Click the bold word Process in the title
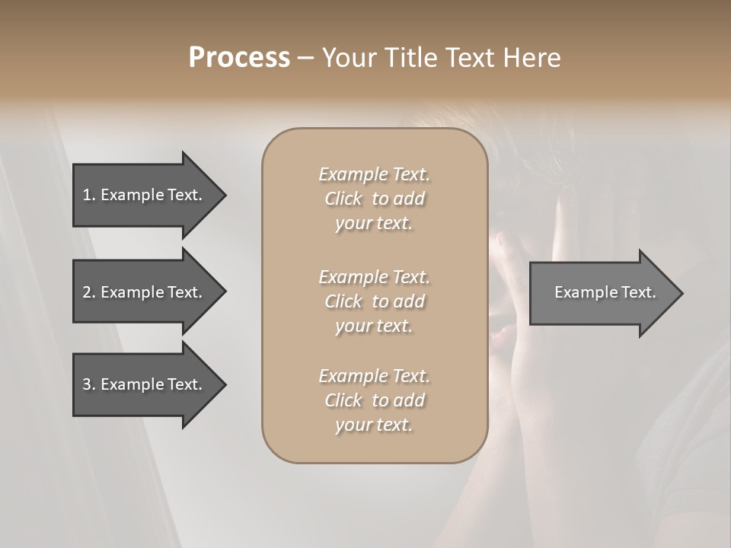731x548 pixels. (239, 58)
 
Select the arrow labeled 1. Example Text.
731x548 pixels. (145, 195)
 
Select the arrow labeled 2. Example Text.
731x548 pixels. (145, 292)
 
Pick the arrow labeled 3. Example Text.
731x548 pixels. (145, 384)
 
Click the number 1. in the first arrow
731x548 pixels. (89, 195)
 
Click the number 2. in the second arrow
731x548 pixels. (89, 292)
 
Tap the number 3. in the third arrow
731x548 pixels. (89, 384)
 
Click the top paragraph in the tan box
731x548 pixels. (374, 199)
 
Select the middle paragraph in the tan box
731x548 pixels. (374, 301)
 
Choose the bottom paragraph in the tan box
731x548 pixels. (374, 400)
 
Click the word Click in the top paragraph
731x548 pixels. (343, 199)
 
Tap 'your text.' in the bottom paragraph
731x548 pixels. (374, 425)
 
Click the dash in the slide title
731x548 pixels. (305, 59)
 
